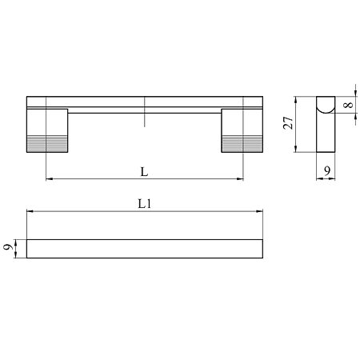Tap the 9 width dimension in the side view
327,170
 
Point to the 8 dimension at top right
348,105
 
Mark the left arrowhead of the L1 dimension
30,212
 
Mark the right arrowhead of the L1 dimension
260,212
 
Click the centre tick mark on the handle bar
145,113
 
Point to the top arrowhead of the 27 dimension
297,98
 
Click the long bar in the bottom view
145,248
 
